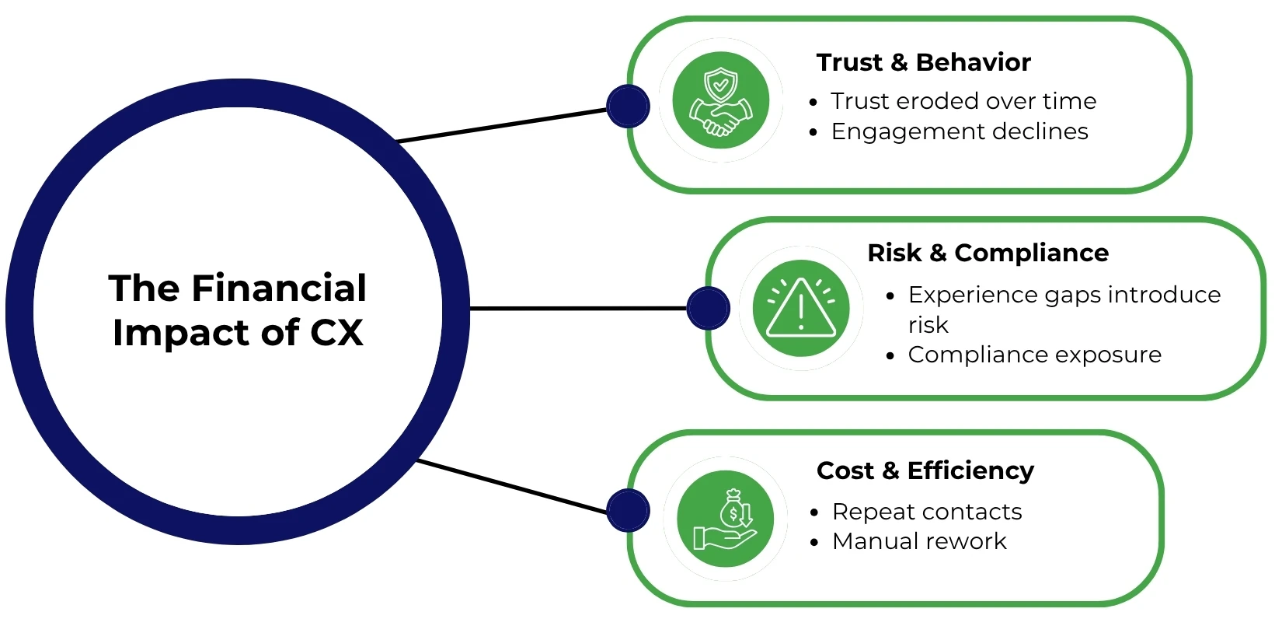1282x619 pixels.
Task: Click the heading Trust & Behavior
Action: point(923,62)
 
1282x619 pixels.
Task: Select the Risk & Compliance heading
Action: point(988,253)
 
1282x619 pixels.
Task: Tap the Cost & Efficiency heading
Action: point(925,470)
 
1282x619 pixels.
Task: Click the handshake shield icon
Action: point(720,100)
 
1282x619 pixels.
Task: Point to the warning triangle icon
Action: point(801,309)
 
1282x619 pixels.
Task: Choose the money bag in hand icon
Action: point(725,519)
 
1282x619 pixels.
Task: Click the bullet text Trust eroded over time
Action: point(963,101)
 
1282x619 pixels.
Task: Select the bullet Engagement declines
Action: point(960,131)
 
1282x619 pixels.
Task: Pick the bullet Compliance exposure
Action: point(1034,355)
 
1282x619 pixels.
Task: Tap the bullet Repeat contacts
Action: point(927,512)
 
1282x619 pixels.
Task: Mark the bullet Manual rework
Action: point(919,541)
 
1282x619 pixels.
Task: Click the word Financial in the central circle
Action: point(279,289)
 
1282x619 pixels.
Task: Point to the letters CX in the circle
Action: point(336,333)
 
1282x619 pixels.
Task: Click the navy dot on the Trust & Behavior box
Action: point(628,107)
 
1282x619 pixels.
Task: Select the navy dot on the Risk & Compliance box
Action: point(709,308)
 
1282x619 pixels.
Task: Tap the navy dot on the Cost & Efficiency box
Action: point(628,511)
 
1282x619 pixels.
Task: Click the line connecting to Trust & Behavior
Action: point(501,125)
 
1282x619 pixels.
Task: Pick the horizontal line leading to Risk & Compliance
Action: point(579,309)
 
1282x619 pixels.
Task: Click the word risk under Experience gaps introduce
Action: point(928,325)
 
